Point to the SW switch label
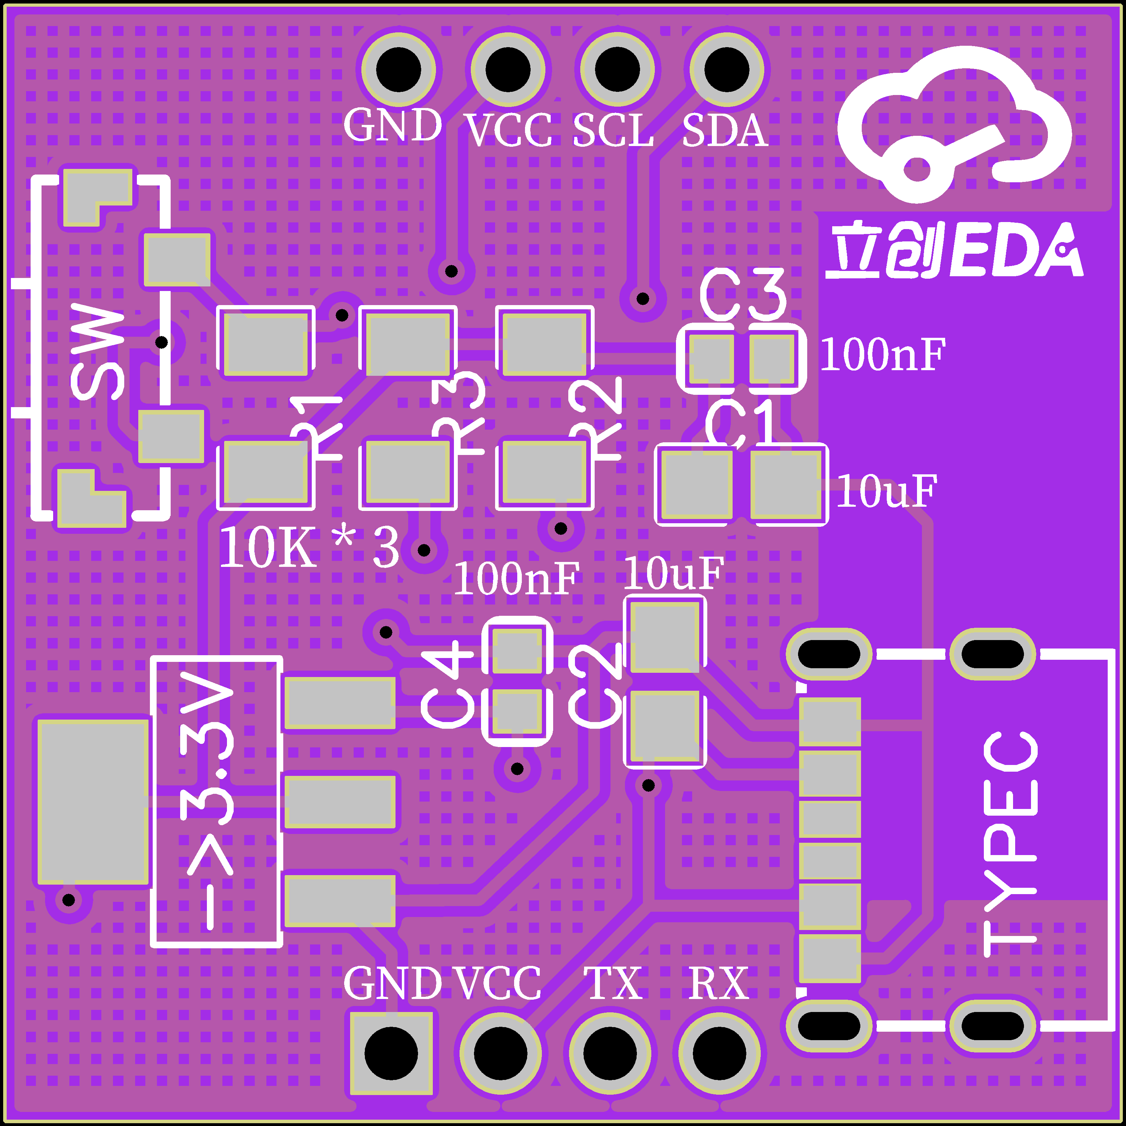coord(97,354)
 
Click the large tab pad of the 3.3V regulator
coord(93,801)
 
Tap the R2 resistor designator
coord(596,418)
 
